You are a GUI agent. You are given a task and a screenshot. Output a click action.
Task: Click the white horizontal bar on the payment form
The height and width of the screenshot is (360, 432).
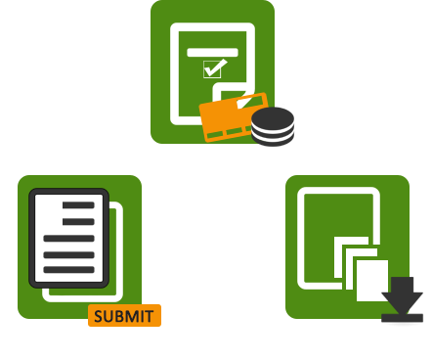(x=212, y=51)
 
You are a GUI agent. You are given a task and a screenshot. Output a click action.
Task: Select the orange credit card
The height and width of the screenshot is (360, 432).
(x=225, y=117)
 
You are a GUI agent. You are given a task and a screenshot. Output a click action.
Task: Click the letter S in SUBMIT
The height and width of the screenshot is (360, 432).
(x=99, y=316)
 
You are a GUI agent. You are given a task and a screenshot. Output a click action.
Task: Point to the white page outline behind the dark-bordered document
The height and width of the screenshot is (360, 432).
(x=119, y=254)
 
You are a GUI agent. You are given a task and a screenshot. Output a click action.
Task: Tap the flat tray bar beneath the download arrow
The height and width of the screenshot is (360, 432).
(x=402, y=319)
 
